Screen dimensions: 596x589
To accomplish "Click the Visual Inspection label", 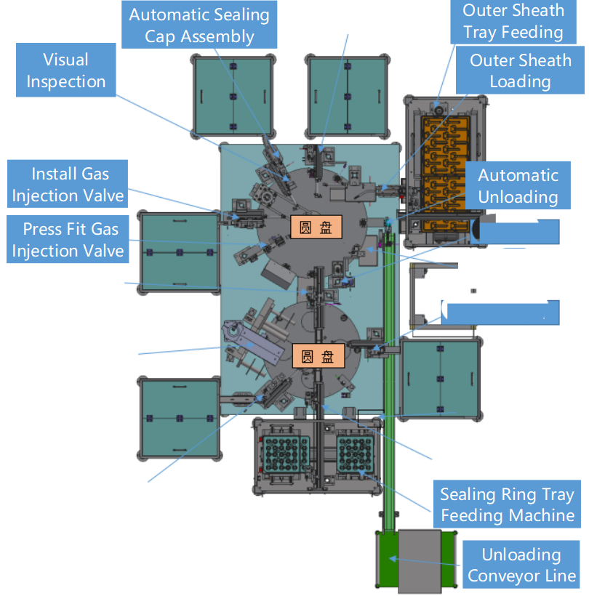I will (x=65, y=71).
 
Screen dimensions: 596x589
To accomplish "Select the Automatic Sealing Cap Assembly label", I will (x=199, y=25).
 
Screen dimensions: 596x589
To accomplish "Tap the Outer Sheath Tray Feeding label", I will (x=513, y=21).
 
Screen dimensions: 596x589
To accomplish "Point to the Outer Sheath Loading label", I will (x=520, y=71).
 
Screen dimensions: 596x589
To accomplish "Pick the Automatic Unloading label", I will (x=518, y=186).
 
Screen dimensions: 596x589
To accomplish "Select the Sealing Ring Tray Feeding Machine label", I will (x=506, y=505).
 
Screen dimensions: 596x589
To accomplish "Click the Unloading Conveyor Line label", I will (x=521, y=565).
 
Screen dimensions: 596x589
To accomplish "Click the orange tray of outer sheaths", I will (x=444, y=174).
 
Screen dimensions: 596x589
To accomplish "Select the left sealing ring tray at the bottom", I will (x=286, y=456).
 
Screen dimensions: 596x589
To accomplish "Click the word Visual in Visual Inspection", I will (x=65, y=60).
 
